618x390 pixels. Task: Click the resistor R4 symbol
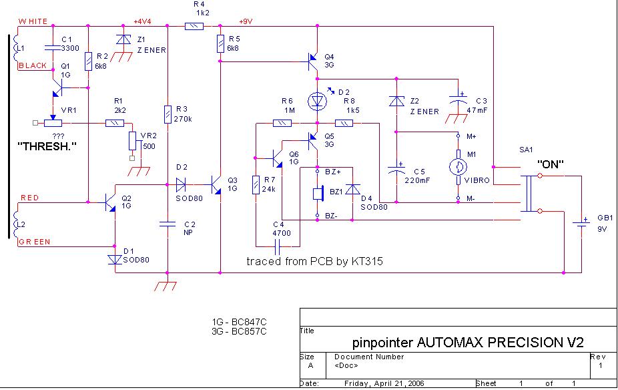(194, 27)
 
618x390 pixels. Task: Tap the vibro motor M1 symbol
(458, 167)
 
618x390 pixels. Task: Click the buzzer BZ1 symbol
(319, 194)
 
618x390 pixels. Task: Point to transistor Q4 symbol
(314, 61)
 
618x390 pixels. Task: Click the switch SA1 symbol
(531, 194)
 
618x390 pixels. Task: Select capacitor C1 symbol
(51, 47)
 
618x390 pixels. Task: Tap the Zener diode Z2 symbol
(397, 101)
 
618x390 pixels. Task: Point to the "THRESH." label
(45, 145)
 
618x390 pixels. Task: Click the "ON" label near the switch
(552, 164)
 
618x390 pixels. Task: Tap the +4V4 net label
(143, 21)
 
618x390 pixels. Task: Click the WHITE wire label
(33, 21)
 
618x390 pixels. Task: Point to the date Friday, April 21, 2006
(378, 384)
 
